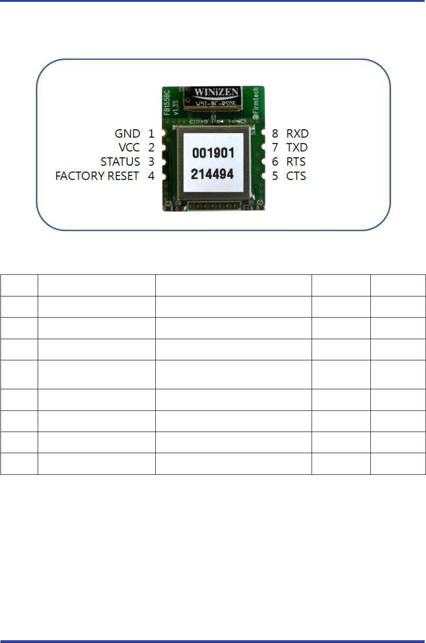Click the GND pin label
click(127, 134)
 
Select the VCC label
click(129, 148)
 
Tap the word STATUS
click(120, 162)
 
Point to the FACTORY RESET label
click(97, 176)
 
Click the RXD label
click(297, 134)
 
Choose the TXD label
click(297, 148)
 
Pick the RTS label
click(296, 162)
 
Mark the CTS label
click(296, 176)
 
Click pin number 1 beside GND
click(151, 134)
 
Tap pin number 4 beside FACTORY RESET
click(151, 176)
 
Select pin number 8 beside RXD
click(275, 134)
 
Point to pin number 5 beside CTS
click(275, 176)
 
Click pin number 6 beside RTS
click(275, 162)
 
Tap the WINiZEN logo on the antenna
click(216, 92)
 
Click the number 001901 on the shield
click(213, 153)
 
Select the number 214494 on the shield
click(212, 174)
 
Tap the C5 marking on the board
click(260, 203)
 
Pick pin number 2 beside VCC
click(151, 148)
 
